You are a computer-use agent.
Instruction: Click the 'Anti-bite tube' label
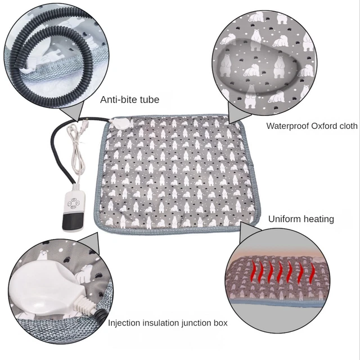(129, 100)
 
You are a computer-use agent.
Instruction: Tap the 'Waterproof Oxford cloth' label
(312, 126)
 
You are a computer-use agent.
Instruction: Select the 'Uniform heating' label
(301, 219)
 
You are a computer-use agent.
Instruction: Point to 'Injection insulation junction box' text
(168, 323)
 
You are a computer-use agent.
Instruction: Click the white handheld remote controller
(74, 208)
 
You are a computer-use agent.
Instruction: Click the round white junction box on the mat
(119, 122)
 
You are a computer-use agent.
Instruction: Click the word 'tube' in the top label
(148, 100)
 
